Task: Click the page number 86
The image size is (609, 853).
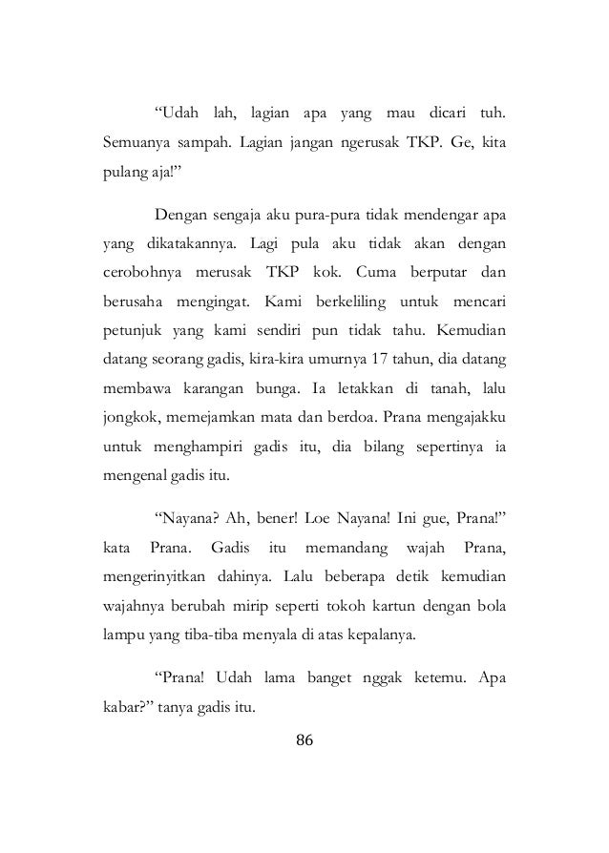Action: coord(304,739)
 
